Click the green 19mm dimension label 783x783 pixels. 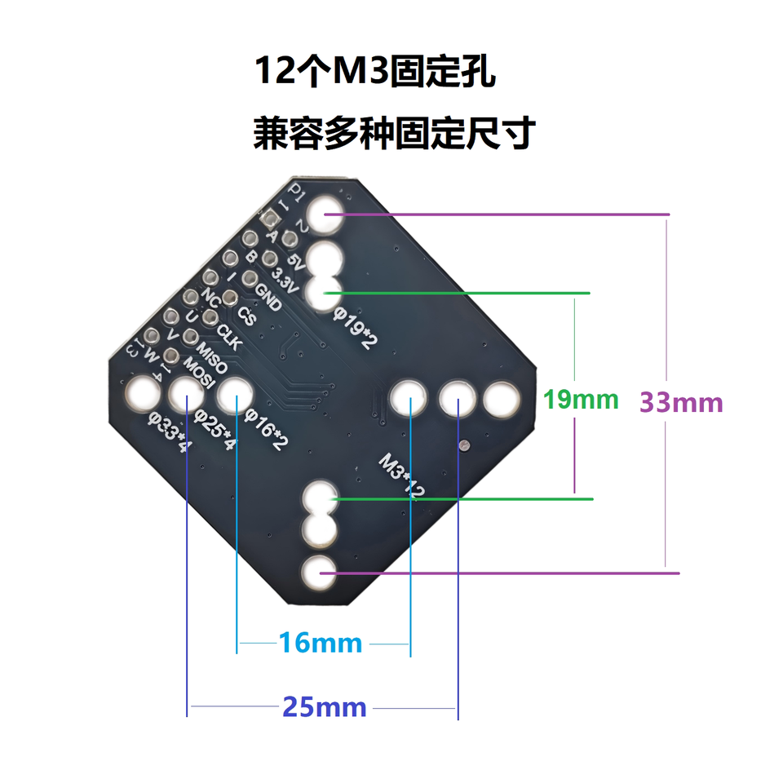click(x=581, y=400)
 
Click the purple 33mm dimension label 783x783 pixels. click(x=681, y=402)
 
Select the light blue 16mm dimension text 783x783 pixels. click(x=321, y=643)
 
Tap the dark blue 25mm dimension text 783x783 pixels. click(x=325, y=707)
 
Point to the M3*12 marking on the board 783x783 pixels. click(x=402, y=476)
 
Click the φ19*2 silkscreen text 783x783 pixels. click(x=355, y=328)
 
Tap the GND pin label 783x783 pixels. click(x=268, y=297)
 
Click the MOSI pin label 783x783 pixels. click(x=199, y=373)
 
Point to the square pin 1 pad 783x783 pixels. click(x=270, y=218)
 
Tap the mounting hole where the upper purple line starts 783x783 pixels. click(x=325, y=214)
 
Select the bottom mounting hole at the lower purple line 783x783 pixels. click(x=319, y=573)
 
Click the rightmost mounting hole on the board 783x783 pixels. click(x=502, y=400)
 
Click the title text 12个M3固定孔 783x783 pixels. click(x=375, y=71)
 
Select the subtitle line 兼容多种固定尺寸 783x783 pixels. click(x=395, y=133)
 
